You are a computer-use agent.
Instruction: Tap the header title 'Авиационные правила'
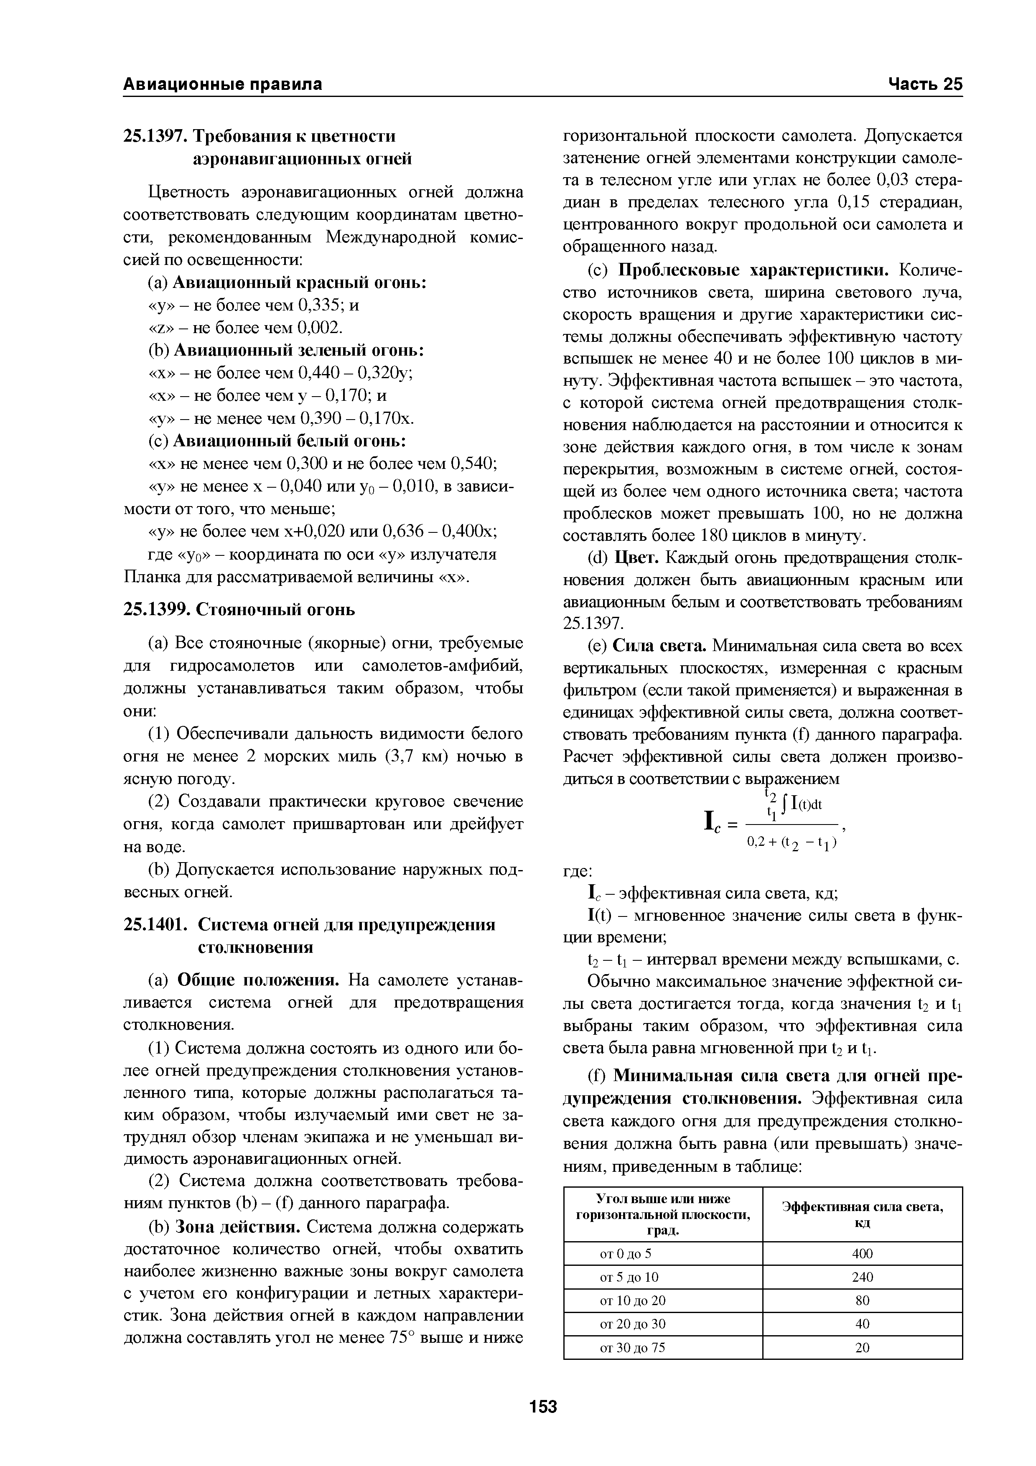click(222, 84)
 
